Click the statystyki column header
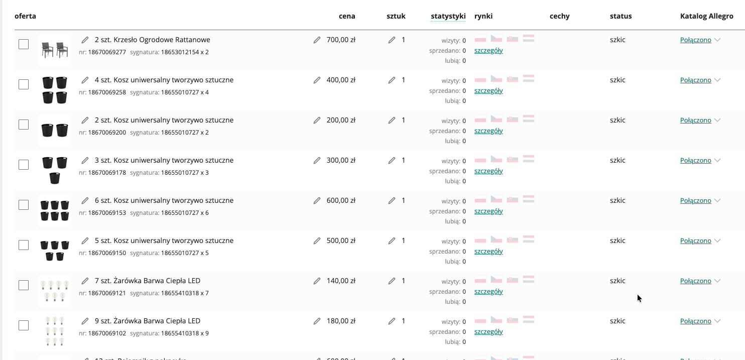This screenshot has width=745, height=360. click(448, 16)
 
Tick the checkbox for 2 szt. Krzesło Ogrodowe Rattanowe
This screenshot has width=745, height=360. click(24, 44)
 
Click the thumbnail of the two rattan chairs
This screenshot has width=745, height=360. click(55, 50)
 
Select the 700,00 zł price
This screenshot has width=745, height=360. click(341, 40)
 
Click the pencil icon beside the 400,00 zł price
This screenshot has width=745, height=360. click(317, 80)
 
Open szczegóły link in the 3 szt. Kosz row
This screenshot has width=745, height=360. click(488, 171)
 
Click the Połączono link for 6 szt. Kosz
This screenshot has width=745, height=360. click(695, 201)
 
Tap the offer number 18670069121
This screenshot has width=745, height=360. click(107, 293)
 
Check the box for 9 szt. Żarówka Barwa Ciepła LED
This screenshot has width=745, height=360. click(24, 325)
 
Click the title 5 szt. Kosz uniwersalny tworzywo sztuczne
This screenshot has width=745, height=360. click(164, 241)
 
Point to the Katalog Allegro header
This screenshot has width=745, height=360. click(707, 16)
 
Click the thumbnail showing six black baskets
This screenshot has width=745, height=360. click(55, 210)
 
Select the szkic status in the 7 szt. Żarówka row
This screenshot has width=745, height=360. click(617, 281)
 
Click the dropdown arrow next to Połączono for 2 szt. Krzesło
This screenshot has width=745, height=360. click(717, 40)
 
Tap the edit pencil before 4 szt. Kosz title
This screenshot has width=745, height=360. click(85, 80)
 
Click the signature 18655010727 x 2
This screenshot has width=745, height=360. click(185, 133)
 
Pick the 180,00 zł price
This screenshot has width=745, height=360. click(341, 321)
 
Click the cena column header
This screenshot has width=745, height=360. click(347, 16)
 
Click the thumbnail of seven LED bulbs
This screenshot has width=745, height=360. click(55, 291)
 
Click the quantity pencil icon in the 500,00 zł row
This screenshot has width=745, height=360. click(392, 241)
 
